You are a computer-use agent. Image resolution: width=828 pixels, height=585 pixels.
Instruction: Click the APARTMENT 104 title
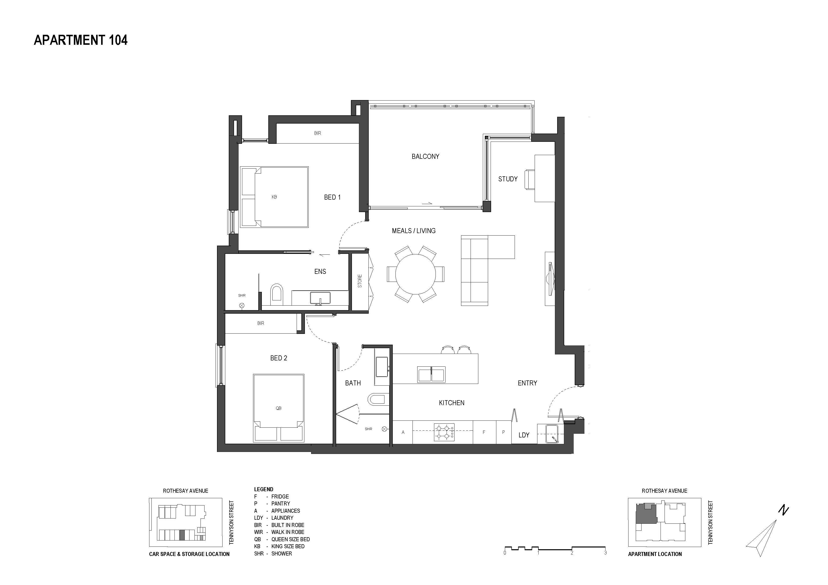point(81,40)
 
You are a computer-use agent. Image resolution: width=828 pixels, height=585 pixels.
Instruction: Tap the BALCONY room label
point(426,156)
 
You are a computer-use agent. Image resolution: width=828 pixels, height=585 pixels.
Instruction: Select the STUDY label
point(508,179)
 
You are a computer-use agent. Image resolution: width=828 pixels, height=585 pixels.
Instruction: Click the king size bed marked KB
point(274,197)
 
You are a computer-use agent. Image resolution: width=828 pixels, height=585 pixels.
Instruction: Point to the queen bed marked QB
point(278,408)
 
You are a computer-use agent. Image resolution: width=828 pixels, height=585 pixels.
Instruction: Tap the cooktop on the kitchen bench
point(444,432)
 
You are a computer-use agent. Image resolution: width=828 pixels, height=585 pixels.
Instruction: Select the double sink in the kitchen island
point(431,374)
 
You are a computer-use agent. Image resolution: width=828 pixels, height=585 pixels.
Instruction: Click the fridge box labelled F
point(484,432)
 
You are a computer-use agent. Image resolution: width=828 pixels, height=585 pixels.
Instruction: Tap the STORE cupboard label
point(359,281)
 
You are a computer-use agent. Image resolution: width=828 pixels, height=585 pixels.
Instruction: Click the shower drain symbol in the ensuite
point(242,305)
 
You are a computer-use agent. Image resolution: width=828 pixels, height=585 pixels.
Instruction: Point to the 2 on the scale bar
point(572,552)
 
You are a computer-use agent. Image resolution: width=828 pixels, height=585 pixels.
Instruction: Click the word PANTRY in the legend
point(281,503)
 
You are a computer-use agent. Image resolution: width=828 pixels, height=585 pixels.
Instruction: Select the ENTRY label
point(527,383)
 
